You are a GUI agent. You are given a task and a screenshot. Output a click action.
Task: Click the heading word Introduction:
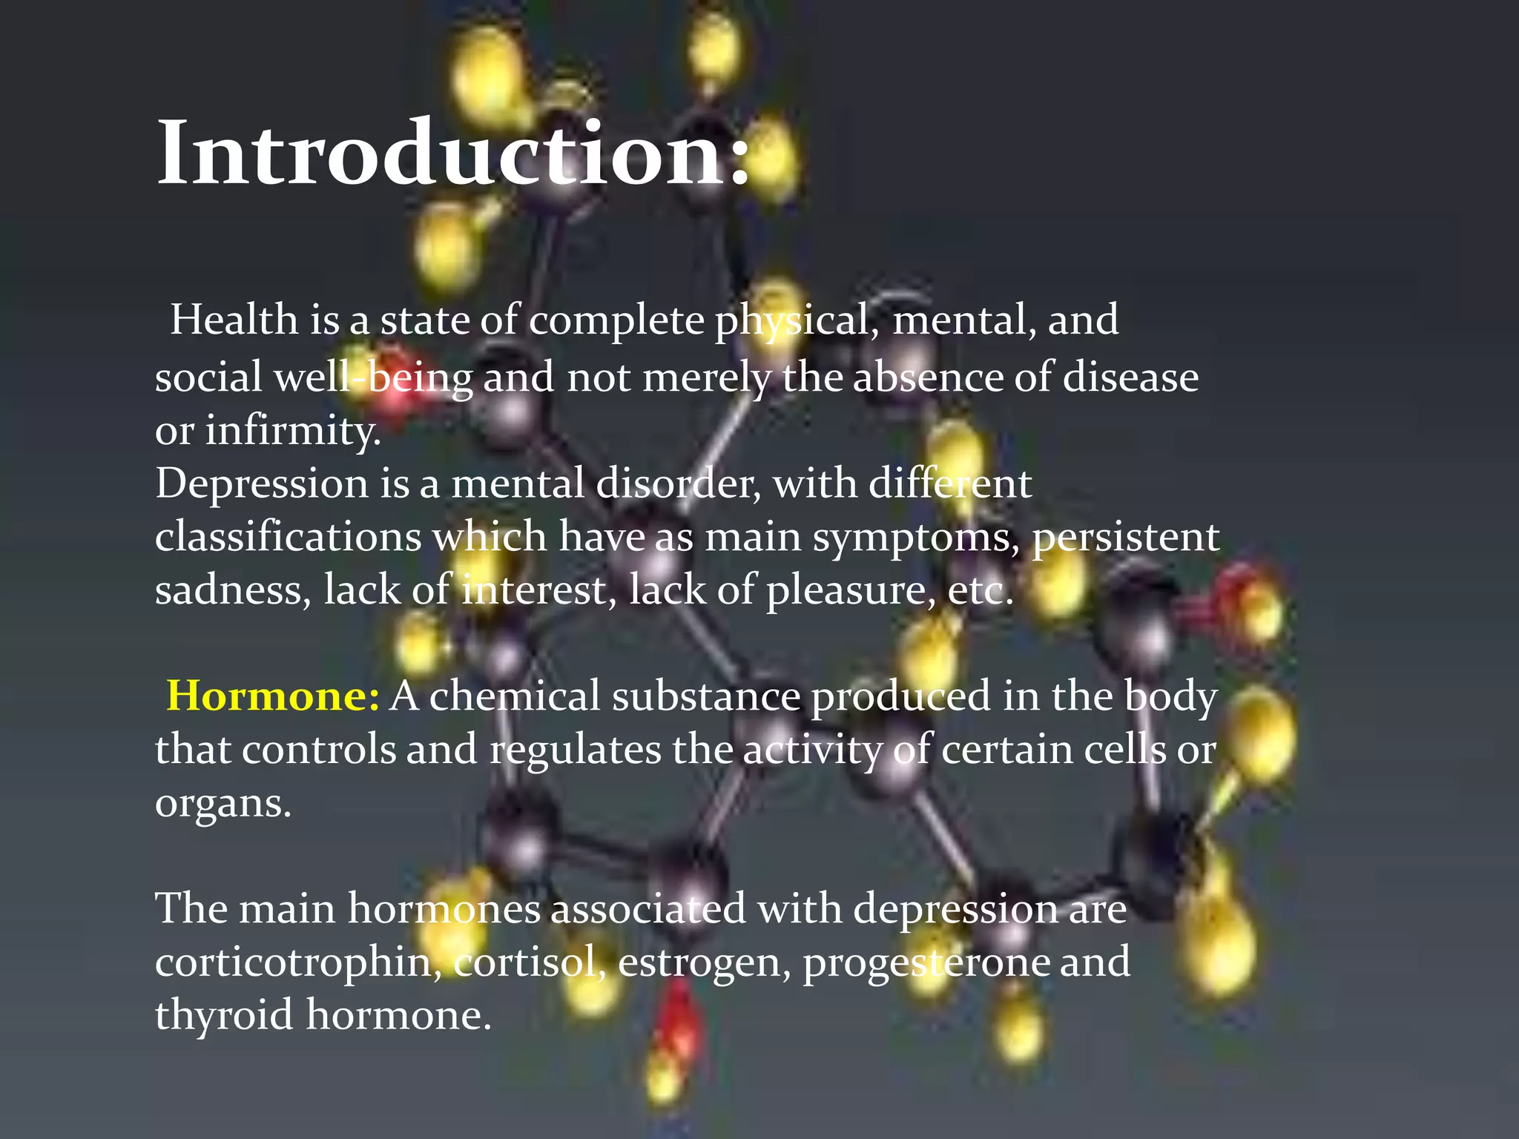point(452,153)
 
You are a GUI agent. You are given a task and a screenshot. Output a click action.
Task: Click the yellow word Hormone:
point(273,696)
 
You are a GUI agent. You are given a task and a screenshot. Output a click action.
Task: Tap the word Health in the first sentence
point(234,320)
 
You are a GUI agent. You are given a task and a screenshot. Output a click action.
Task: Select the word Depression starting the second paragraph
point(261,485)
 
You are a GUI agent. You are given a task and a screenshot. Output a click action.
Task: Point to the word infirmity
point(292,431)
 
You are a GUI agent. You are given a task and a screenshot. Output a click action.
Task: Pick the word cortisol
point(530,963)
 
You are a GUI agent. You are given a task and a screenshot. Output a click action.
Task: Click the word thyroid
point(224,1016)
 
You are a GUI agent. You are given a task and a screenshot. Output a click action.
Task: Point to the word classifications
point(288,537)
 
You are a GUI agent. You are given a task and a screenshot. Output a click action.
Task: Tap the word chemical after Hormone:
point(514,696)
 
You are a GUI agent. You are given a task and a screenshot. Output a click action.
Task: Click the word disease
point(1130,377)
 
